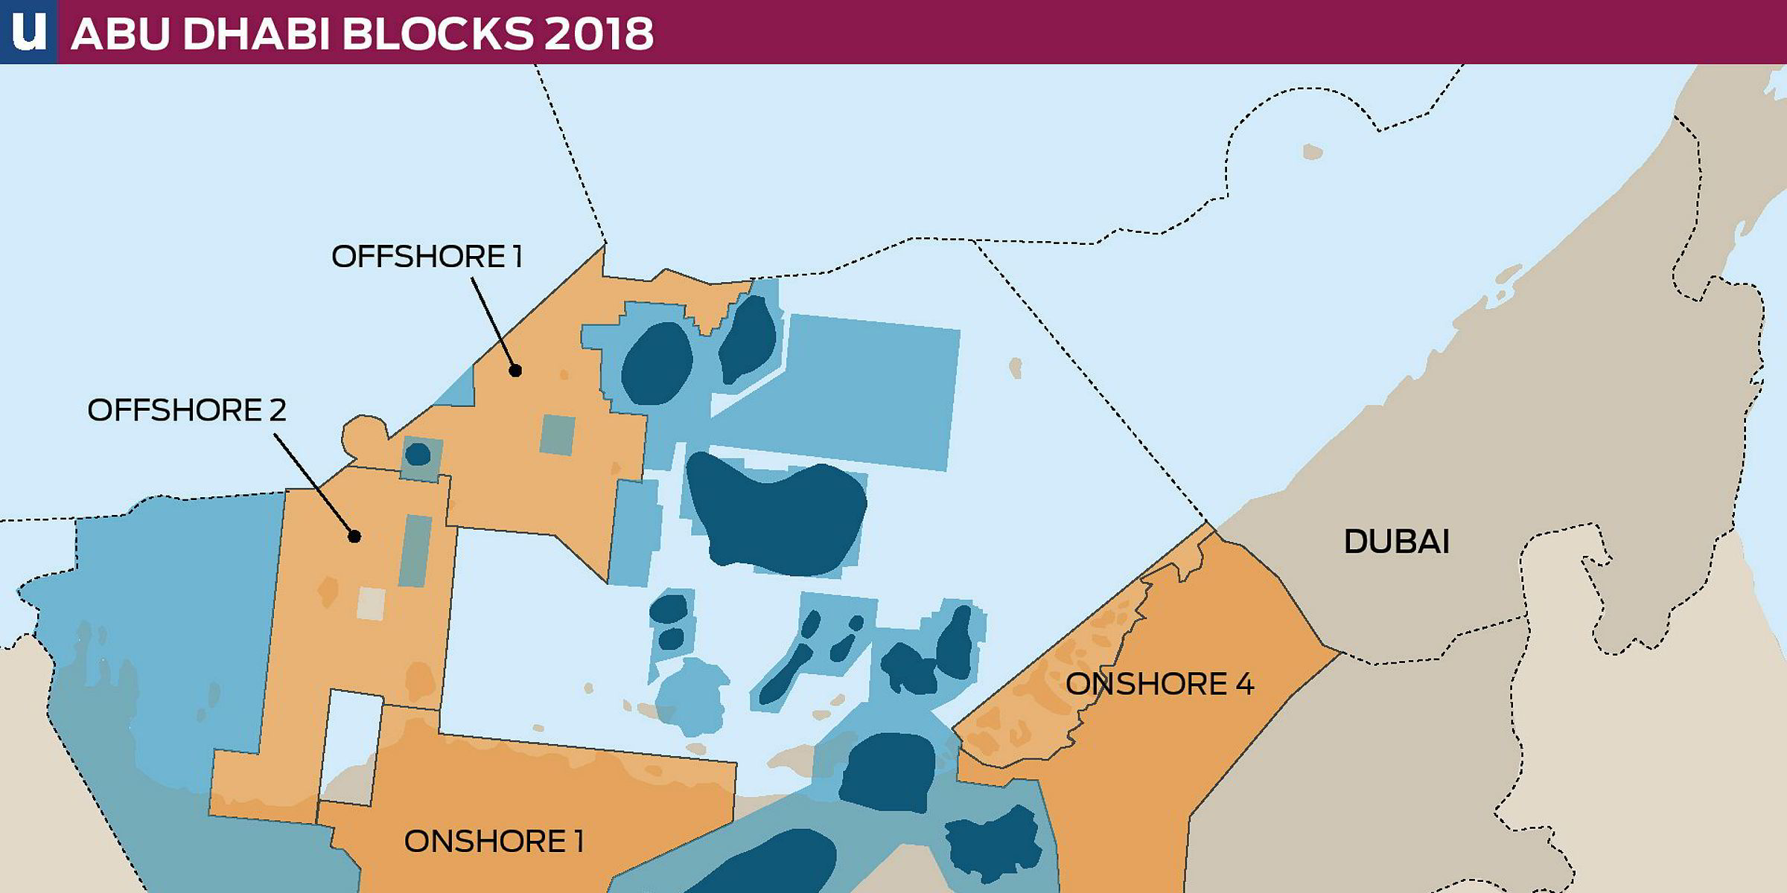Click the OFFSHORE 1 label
pyautogui.click(x=427, y=257)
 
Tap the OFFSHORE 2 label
pyautogui.click(x=186, y=411)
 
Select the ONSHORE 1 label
pyautogui.click(x=494, y=842)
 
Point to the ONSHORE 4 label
pyautogui.click(x=1159, y=684)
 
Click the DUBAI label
pyautogui.click(x=1396, y=542)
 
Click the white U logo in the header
pyautogui.click(x=28, y=31)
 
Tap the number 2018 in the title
pyautogui.click(x=599, y=33)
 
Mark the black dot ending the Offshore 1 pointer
pyautogui.click(x=515, y=370)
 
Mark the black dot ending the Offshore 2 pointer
pyautogui.click(x=354, y=536)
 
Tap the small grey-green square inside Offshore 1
pyautogui.click(x=557, y=435)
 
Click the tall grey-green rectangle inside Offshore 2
pyautogui.click(x=415, y=551)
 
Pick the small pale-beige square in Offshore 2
pyautogui.click(x=371, y=604)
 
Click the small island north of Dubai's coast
pyautogui.click(x=1312, y=153)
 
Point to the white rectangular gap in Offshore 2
pyautogui.click(x=351, y=744)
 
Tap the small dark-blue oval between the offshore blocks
pyautogui.click(x=418, y=454)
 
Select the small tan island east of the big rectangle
pyautogui.click(x=1015, y=368)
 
